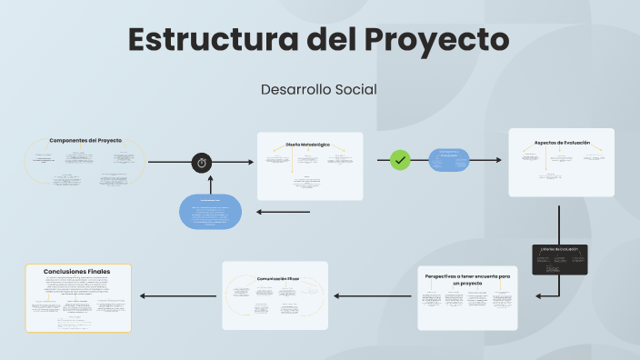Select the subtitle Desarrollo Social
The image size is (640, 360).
(318, 89)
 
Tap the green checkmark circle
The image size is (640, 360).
(400, 160)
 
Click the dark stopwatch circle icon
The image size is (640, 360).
(202, 163)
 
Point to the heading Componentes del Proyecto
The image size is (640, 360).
(85, 140)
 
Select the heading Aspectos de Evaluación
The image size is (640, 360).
(562, 143)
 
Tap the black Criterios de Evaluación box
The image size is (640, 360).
(559, 259)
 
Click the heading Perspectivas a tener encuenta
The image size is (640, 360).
(467, 278)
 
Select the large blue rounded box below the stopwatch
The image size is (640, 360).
(210, 212)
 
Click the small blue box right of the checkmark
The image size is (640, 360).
(448, 161)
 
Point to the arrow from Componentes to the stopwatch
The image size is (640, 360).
(168, 163)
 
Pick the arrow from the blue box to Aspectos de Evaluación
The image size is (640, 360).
(485, 161)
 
